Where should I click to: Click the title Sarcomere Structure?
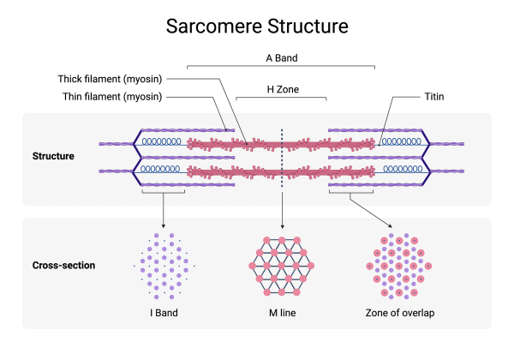click(x=257, y=27)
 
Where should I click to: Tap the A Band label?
click(x=282, y=58)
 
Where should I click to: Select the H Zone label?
click(x=283, y=89)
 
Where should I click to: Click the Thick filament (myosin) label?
click(x=111, y=79)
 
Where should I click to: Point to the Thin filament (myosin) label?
click(x=112, y=97)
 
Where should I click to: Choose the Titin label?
click(x=434, y=97)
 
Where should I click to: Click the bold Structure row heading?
click(x=53, y=156)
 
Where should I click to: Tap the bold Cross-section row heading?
click(x=63, y=265)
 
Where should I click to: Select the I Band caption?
click(x=164, y=313)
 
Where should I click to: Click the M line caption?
click(x=282, y=313)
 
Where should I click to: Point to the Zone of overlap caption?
click(x=400, y=313)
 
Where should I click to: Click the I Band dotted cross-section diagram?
click(x=164, y=266)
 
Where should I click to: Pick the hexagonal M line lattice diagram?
click(x=282, y=266)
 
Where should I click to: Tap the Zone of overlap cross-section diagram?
click(x=399, y=266)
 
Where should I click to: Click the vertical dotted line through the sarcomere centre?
click(x=282, y=158)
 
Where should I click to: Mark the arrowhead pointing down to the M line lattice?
click(x=282, y=226)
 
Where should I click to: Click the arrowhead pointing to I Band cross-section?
click(x=164, y=226)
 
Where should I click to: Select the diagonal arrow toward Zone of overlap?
click(x=371, y=210)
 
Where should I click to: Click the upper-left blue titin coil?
click(x=161, y=141)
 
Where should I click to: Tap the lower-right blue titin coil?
click(x=403, y=169)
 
